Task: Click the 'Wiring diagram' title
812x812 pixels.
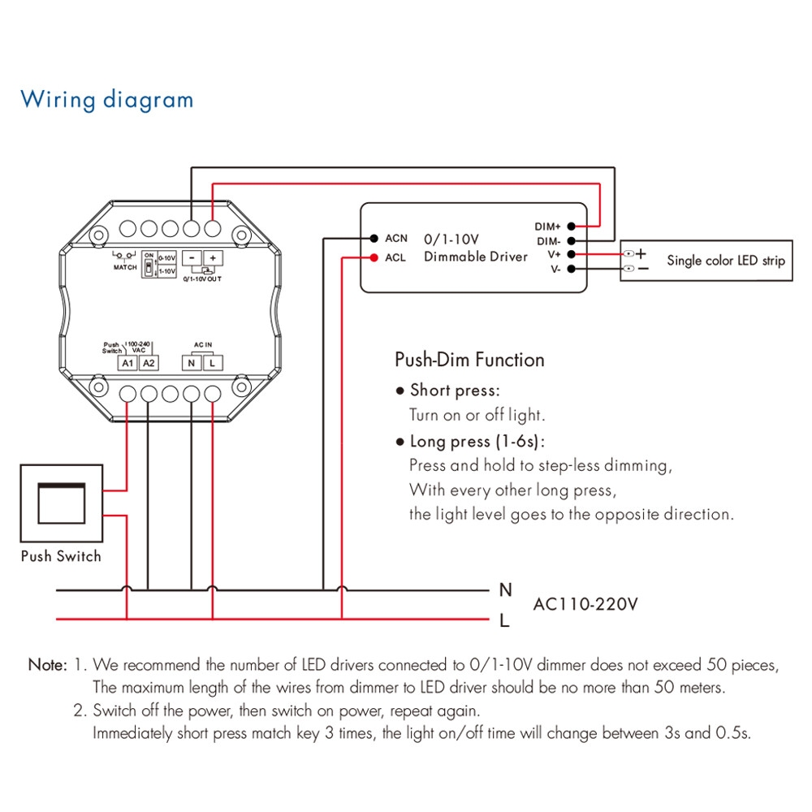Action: (107, 100)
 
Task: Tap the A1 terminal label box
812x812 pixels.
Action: (127, 363)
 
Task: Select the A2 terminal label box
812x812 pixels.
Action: (149, 363)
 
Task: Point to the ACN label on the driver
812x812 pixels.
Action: (396, 239)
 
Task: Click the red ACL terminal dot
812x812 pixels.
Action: (374, 258)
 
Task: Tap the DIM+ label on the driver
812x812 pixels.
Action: (548, 227)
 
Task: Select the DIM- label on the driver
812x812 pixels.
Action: (548, 241)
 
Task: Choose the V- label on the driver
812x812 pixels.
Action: (555, 269)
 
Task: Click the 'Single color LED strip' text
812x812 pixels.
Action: (726, 261)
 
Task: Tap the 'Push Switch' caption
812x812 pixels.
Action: (61, 556)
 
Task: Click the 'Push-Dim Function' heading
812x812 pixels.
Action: (469, 360)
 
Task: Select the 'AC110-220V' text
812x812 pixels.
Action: (585, 605)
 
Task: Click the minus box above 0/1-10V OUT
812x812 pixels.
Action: (192, 257)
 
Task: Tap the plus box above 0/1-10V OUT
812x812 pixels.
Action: (213, 257)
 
